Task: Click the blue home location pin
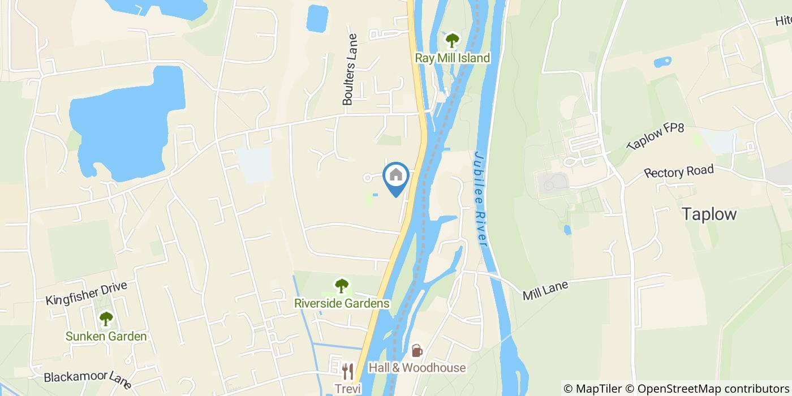click(396, 177)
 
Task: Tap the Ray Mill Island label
click(452, 58)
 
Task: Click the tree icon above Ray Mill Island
click(452, 40)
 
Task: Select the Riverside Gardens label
click(342, 303)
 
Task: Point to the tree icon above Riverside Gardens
click(341, 285)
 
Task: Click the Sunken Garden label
click(106, 337)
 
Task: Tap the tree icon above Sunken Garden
click(106, 319)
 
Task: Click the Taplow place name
click(709, 214)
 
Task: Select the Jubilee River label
click(481, 198)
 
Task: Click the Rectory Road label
click(678, 171)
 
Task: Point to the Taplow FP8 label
click(655, 137)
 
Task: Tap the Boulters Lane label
click(350, 70)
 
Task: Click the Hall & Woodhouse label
click(417, 368)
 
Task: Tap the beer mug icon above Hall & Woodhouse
click(416, 351)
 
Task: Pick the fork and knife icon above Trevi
click(347, 372)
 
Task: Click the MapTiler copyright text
click(593, 388)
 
